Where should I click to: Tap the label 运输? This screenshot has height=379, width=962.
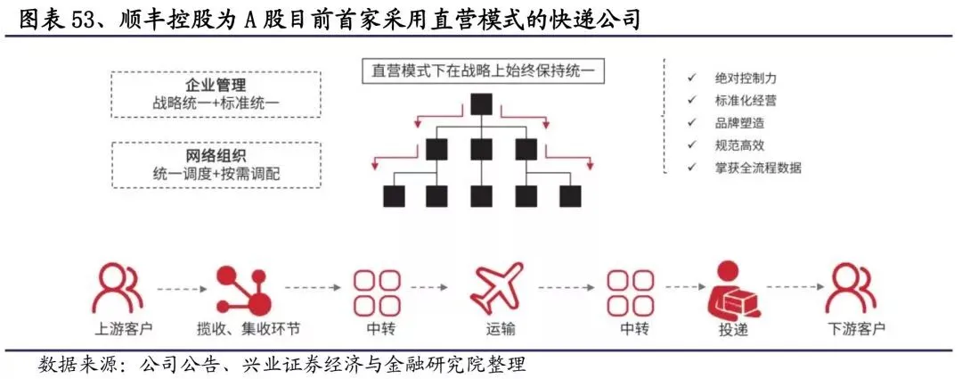point(497,330)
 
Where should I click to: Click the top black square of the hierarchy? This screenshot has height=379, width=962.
point(482,103)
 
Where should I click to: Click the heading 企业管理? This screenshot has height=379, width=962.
point(216,85)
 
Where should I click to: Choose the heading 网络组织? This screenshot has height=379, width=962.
point(216,155)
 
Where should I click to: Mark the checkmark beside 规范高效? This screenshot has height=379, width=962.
point(692,144)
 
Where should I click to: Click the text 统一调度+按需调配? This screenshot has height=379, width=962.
point(216,174)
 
